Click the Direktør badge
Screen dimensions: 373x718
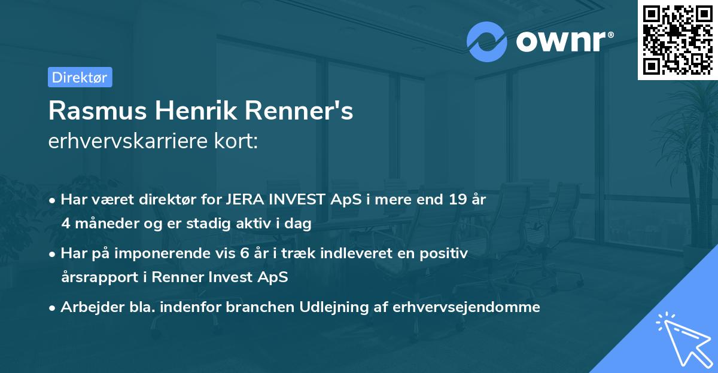[80, 77]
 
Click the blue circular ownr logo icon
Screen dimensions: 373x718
[486, 41]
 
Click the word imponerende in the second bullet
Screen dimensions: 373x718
[160, 253]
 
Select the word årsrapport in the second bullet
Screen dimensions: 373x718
[98, 277]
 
